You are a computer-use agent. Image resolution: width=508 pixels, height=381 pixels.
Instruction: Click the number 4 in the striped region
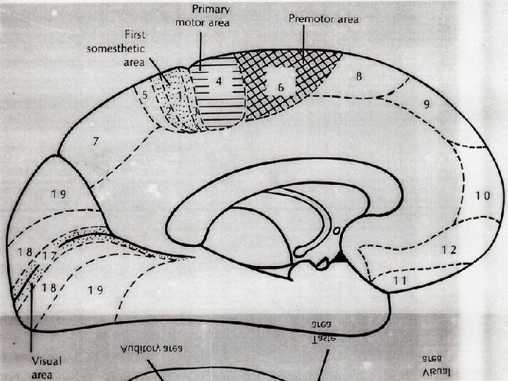(x=219, y=80)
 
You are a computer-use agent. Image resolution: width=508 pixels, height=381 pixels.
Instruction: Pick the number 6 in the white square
(x=281, y=86)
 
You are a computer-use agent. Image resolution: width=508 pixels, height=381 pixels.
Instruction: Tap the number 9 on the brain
(x=428, y=104)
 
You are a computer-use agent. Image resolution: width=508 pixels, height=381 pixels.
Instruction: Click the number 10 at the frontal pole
(x=482, y=195)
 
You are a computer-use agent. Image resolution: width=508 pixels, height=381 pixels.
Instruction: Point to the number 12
(x=449, y=250)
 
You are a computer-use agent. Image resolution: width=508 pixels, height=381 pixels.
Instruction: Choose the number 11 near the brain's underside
(x=400, y=280)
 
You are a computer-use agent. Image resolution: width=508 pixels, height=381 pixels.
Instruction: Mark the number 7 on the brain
(x=95, y=143)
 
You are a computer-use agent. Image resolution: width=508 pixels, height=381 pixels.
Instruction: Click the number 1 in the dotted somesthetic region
(x=180, y=95)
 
